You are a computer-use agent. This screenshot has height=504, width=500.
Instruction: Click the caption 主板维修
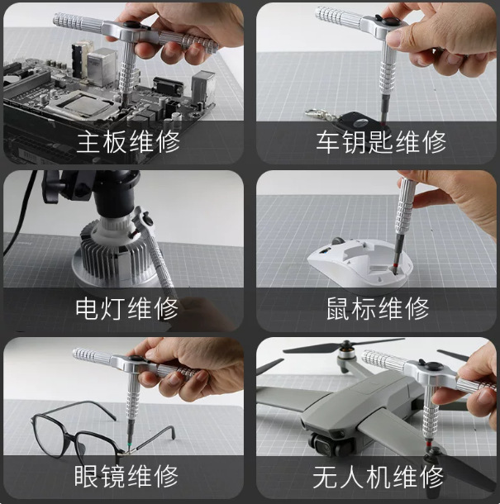coord(128,141)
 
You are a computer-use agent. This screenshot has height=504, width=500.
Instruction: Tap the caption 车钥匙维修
coord(381,141)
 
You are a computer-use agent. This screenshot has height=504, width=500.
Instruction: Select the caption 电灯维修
coord(126,308)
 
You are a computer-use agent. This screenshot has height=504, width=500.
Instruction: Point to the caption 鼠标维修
coord(378,308)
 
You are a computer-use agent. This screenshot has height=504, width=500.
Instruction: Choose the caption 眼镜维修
coord(126,476)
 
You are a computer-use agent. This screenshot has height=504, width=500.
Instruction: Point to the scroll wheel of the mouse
coord(337,241)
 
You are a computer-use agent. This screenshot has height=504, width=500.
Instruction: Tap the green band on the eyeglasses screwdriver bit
coord(130,443)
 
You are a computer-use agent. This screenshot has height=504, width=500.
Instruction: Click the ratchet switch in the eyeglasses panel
coord(135,359)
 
